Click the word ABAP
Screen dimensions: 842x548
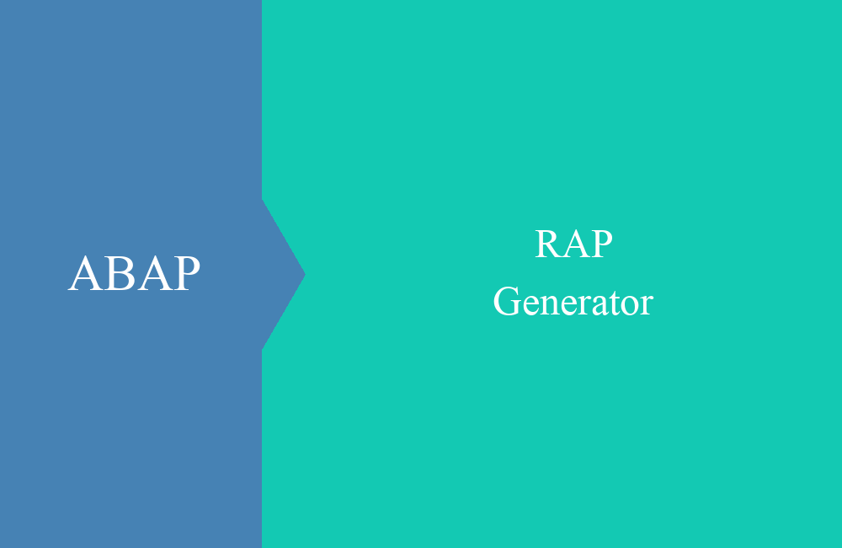pos(134,273)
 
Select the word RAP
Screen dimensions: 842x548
pos(573,244)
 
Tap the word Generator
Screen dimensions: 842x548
pos(573,302)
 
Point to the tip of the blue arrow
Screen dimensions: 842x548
pos(305,274)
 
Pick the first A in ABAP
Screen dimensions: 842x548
pos(86,273)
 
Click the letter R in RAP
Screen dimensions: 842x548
pos(547,244)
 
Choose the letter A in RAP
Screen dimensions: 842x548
pos(574,244)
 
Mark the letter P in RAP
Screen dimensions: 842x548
pos(602,244)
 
